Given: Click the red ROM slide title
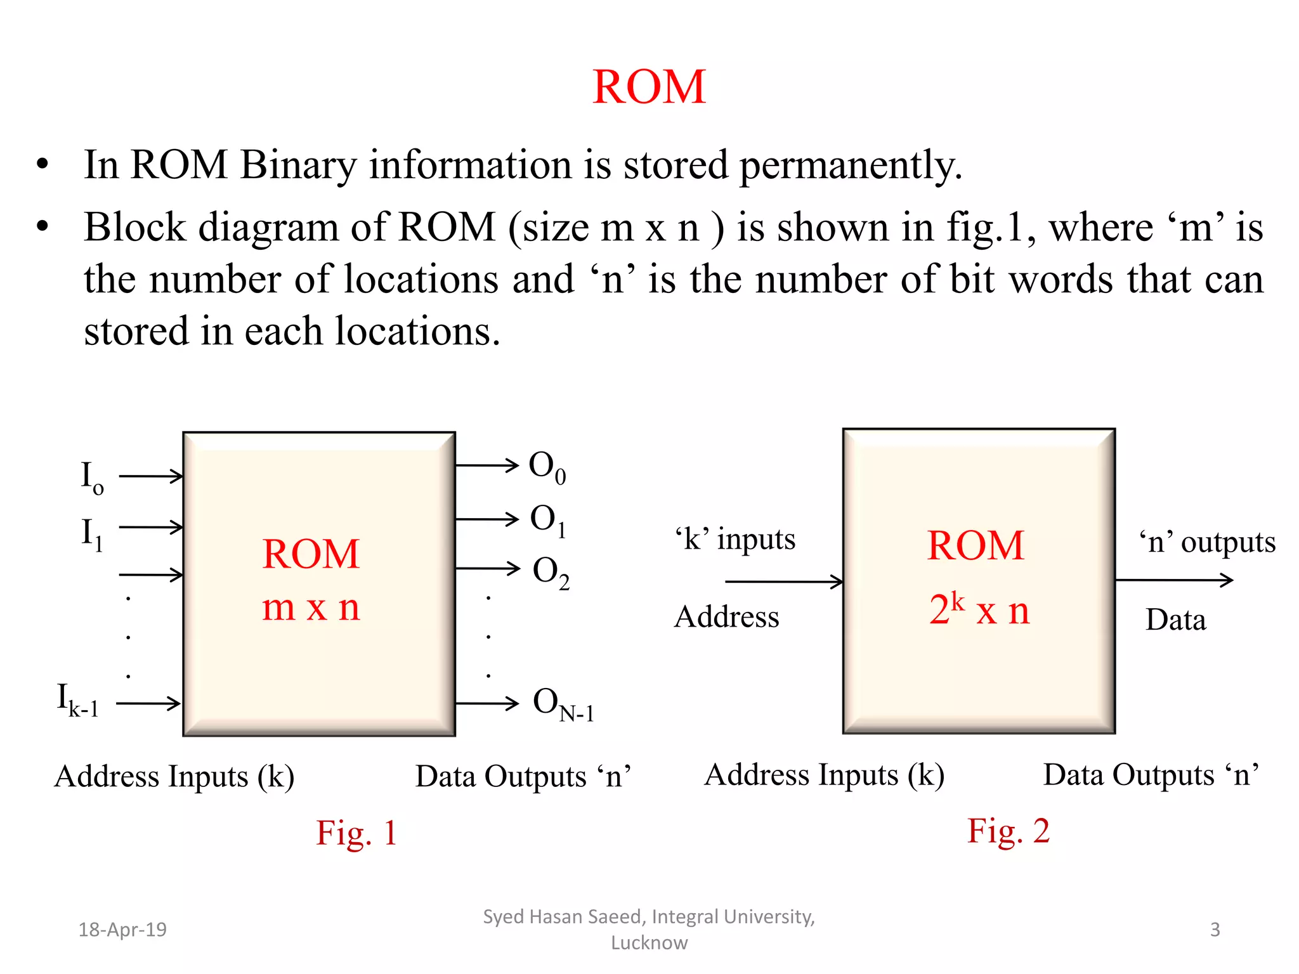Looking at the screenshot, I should click(x=649, y=87).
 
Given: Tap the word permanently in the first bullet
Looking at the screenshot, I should click(x=850, y=166).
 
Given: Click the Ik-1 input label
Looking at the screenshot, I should click(x=78, y=699).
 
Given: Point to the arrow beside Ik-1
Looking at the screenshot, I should click(x=149, y=703).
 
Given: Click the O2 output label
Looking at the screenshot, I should click(x=551, y=572).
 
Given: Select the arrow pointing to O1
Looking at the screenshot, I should click(x=487, y=519).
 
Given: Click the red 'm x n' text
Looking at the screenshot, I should click(x=311, y=607).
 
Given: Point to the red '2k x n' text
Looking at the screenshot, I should click(x=979, y=609).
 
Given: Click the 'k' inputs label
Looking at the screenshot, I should click(x=735, y=540).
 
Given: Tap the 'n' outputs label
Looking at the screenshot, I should click(x=1207, y=542).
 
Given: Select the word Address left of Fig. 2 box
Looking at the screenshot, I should click(x=726, y=617).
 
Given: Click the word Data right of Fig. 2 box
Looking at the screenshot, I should click(x=1175, y=620).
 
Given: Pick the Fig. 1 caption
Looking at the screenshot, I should click(x=356, y=833).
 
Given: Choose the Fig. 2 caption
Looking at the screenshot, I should click(x=1008, y=831).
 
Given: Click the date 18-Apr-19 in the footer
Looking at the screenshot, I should click(x=122, y=930).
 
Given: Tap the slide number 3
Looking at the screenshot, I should click(x=1215, y=930).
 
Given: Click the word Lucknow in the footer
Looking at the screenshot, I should click(x=649, y=943).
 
